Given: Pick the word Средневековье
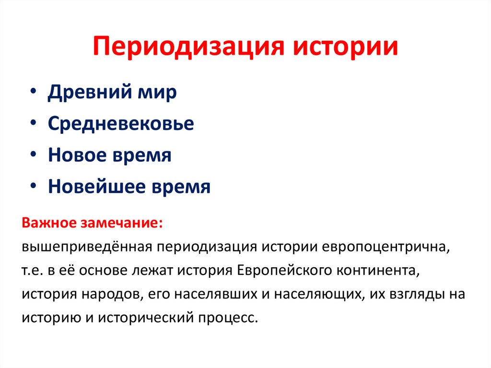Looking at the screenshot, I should [x=121, y=124].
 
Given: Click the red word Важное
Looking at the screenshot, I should [x=48, y=224].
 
